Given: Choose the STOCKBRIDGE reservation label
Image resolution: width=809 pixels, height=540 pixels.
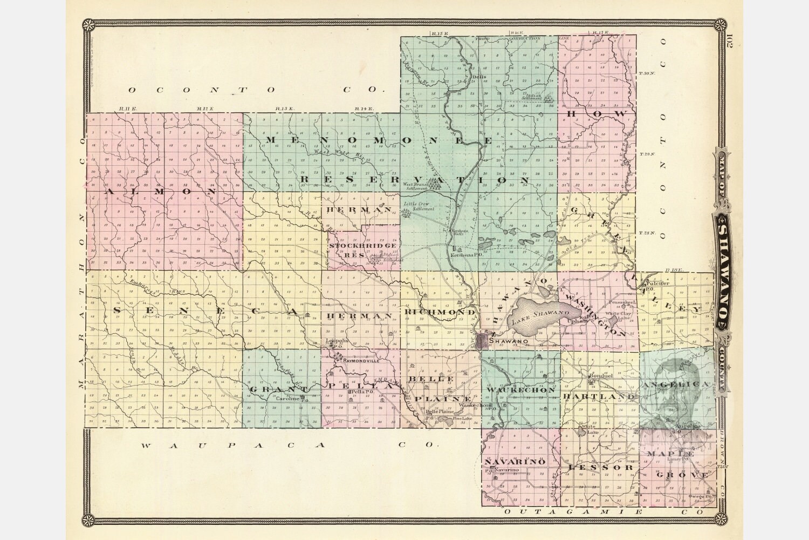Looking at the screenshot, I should [363, 246].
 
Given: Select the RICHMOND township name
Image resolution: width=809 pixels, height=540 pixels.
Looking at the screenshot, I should [439, 313].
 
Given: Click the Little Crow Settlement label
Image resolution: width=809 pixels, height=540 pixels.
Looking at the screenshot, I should [419, 206].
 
